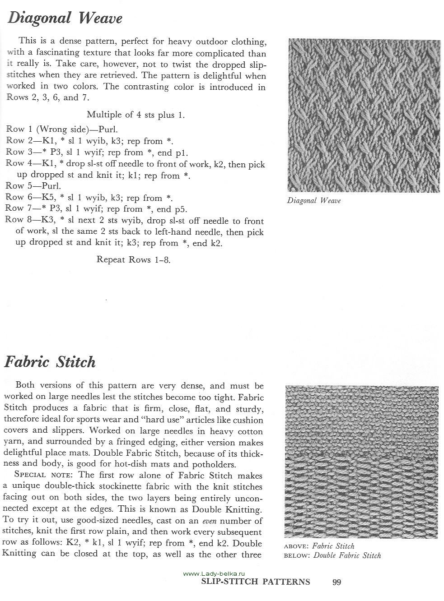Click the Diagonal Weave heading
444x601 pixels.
click(65, 18)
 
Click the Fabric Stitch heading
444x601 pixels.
click(50, 362)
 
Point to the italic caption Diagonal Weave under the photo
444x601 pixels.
click(313, 200)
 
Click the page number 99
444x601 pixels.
click(337, 582)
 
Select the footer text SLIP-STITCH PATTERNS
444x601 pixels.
click(256, 582)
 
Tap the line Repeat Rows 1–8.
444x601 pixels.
click(134, 260)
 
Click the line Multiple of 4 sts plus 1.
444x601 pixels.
click(136, 115)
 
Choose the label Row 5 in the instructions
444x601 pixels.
click(15, 185)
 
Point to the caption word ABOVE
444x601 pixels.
click(296, 546)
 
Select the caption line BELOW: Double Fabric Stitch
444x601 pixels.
click(332, 555)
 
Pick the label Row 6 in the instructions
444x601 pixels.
click(15, 197)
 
